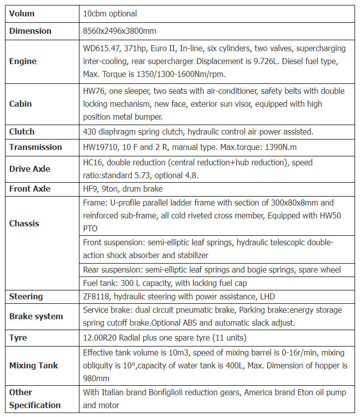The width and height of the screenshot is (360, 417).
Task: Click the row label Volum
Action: (x=22, y=13)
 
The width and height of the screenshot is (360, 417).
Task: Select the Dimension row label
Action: (x=30, y=31)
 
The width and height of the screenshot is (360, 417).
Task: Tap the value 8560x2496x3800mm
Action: (x=120, y=31)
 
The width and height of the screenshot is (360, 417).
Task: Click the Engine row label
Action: (x=23, y=62)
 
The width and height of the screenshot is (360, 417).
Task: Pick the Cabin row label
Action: (x=20, y=104)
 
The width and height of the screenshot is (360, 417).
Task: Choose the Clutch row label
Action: (x=22, y=132)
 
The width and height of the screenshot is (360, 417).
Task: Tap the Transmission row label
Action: (x=35, y=147)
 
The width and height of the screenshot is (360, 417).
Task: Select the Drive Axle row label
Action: (x=30, y=169)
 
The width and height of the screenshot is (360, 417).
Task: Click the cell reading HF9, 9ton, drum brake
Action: (x=123, y=189)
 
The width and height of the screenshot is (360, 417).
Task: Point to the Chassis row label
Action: (x=24, y=223)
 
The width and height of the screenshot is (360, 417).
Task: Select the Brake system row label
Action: (x=36, y=316)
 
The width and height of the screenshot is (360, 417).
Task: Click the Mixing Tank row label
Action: (x=33, y=365)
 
